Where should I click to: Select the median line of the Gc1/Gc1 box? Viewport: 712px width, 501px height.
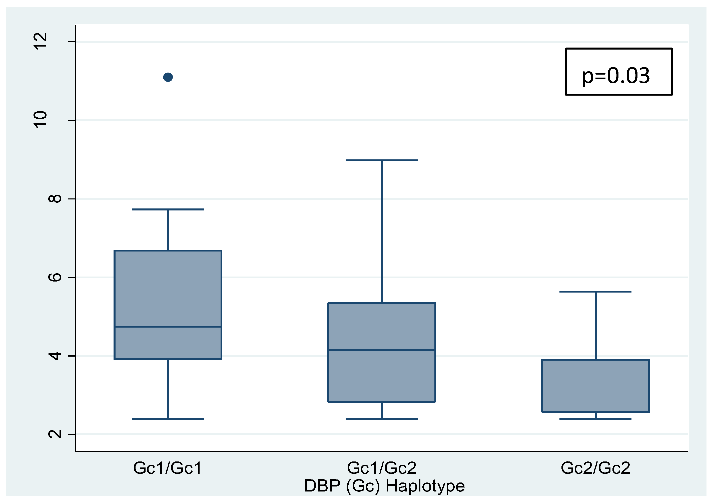tap(168, 327)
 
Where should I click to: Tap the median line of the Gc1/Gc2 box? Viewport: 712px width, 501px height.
tap(381, 350)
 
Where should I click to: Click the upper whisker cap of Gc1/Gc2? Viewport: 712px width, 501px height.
tap(381, 160)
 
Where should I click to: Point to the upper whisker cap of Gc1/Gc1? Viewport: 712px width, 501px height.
tap(168, 209)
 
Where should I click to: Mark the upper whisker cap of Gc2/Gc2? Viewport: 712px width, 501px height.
tap(595, 292)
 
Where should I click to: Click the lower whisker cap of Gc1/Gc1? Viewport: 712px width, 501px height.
tap(168, 418)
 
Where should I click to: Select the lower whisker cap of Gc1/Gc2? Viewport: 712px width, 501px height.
tap(381, 418)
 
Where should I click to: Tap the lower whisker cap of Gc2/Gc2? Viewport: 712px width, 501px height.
tap(595, 418)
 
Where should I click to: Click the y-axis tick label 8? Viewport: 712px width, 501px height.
tap(55, 198)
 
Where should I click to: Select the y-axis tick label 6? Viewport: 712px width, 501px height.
tap(55, 277)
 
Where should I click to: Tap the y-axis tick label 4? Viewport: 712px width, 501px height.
tap(55, 356)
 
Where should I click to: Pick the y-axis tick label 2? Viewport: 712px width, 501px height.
tap(55, 434)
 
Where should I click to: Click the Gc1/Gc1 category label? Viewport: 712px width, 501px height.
tap(168, 468)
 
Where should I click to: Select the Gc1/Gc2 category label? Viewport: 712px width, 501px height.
tap(381, 468)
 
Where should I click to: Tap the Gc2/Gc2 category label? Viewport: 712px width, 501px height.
tap(595, 468)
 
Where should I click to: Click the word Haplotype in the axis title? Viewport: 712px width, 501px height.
tap(425, 486)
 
